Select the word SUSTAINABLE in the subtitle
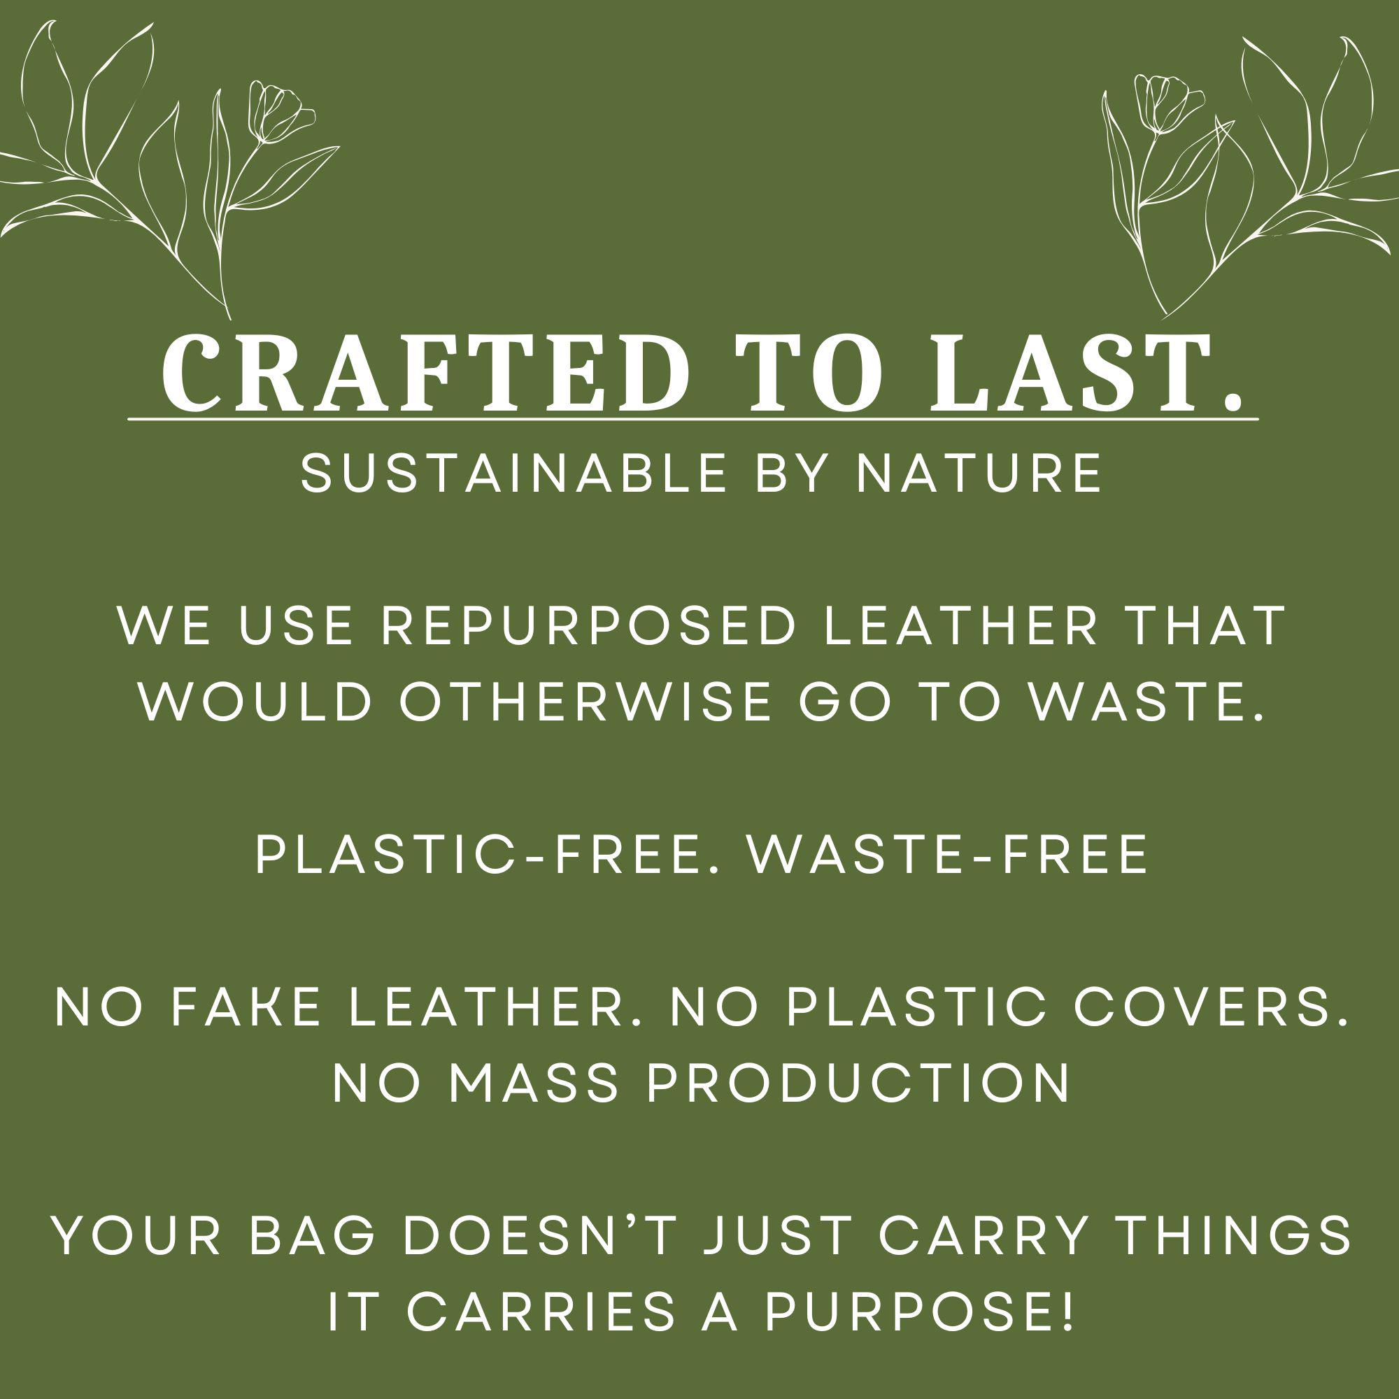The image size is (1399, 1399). (x=513, y=473)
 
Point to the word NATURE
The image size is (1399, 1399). (x=980, y=473)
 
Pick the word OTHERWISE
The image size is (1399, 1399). (x=585, y=702)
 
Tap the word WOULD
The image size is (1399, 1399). (x=255, y=702)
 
